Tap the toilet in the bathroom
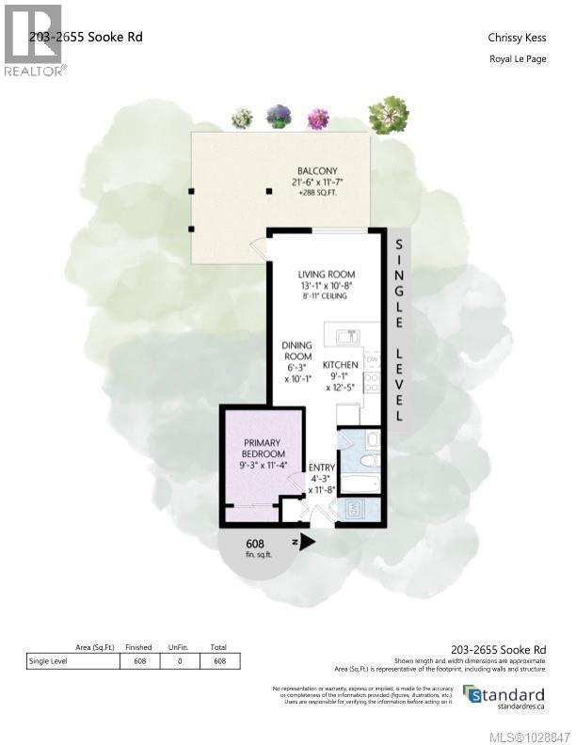coord(372,439)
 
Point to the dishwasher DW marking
coord(372,360)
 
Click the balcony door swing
coord(256,247)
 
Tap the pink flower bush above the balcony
coord(317,119)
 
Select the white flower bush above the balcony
coord(243,119)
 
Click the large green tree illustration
coord(388,115)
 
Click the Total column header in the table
coord(219,648)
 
